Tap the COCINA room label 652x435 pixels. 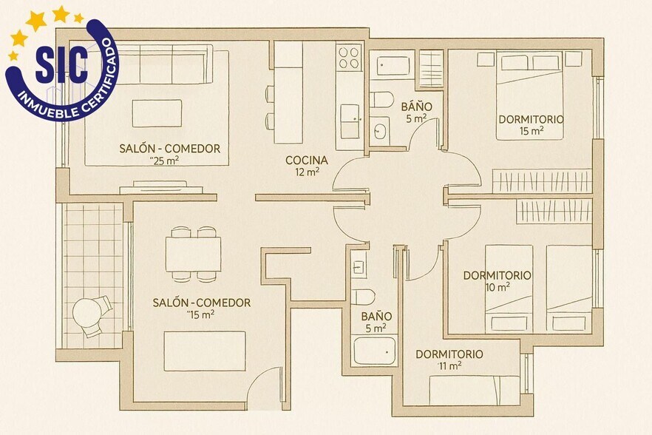[307, 160]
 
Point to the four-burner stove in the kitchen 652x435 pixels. [349, 58]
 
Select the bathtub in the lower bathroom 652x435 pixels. [375, 351]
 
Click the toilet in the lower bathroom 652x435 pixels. [364, 297]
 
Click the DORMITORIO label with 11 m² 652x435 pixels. [449, 354]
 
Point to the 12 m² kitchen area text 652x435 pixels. [308, 172]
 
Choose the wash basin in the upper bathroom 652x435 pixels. [381, 132]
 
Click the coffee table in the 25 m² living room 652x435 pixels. [157, 113]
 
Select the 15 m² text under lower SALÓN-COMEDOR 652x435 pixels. [202, 314]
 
